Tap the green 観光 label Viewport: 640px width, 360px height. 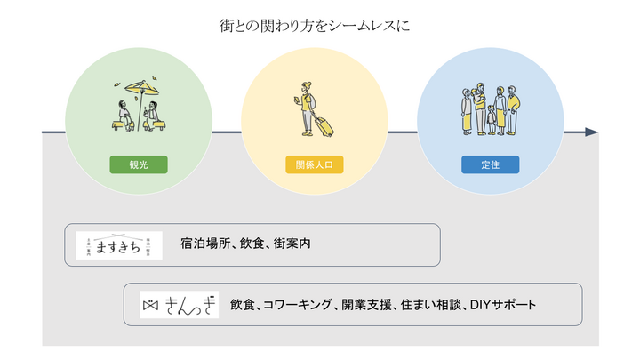[x=138, y=165]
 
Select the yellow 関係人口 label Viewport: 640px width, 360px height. [x=314, y=165]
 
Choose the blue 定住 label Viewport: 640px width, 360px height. [x=490, y=165]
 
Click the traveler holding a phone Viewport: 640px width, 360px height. [x=306, y=107]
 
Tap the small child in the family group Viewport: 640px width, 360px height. [x=491, y=119]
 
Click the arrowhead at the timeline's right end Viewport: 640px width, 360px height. [x=592, y=132]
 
